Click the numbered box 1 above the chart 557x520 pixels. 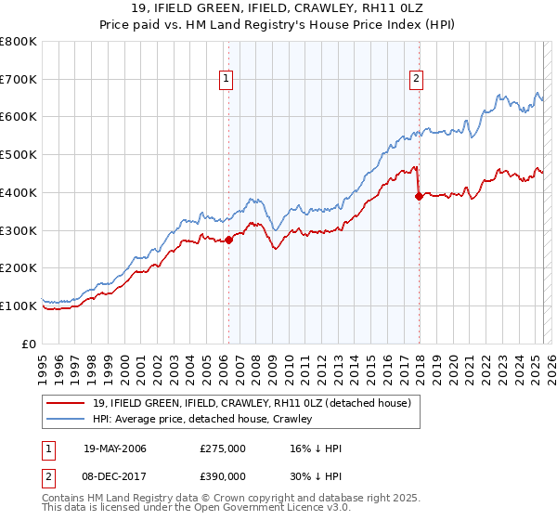[x=227, y=80]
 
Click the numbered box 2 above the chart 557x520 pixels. [x=416, y=80]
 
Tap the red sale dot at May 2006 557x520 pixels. [x=228, y=240]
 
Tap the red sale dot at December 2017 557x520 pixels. [x=419, y=196]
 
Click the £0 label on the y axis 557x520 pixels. [x=28, y=344]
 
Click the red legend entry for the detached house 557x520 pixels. [x=258, y=402]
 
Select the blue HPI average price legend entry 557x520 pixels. [x=202, y=419]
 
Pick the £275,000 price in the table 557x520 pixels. [x=223, y=448]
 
